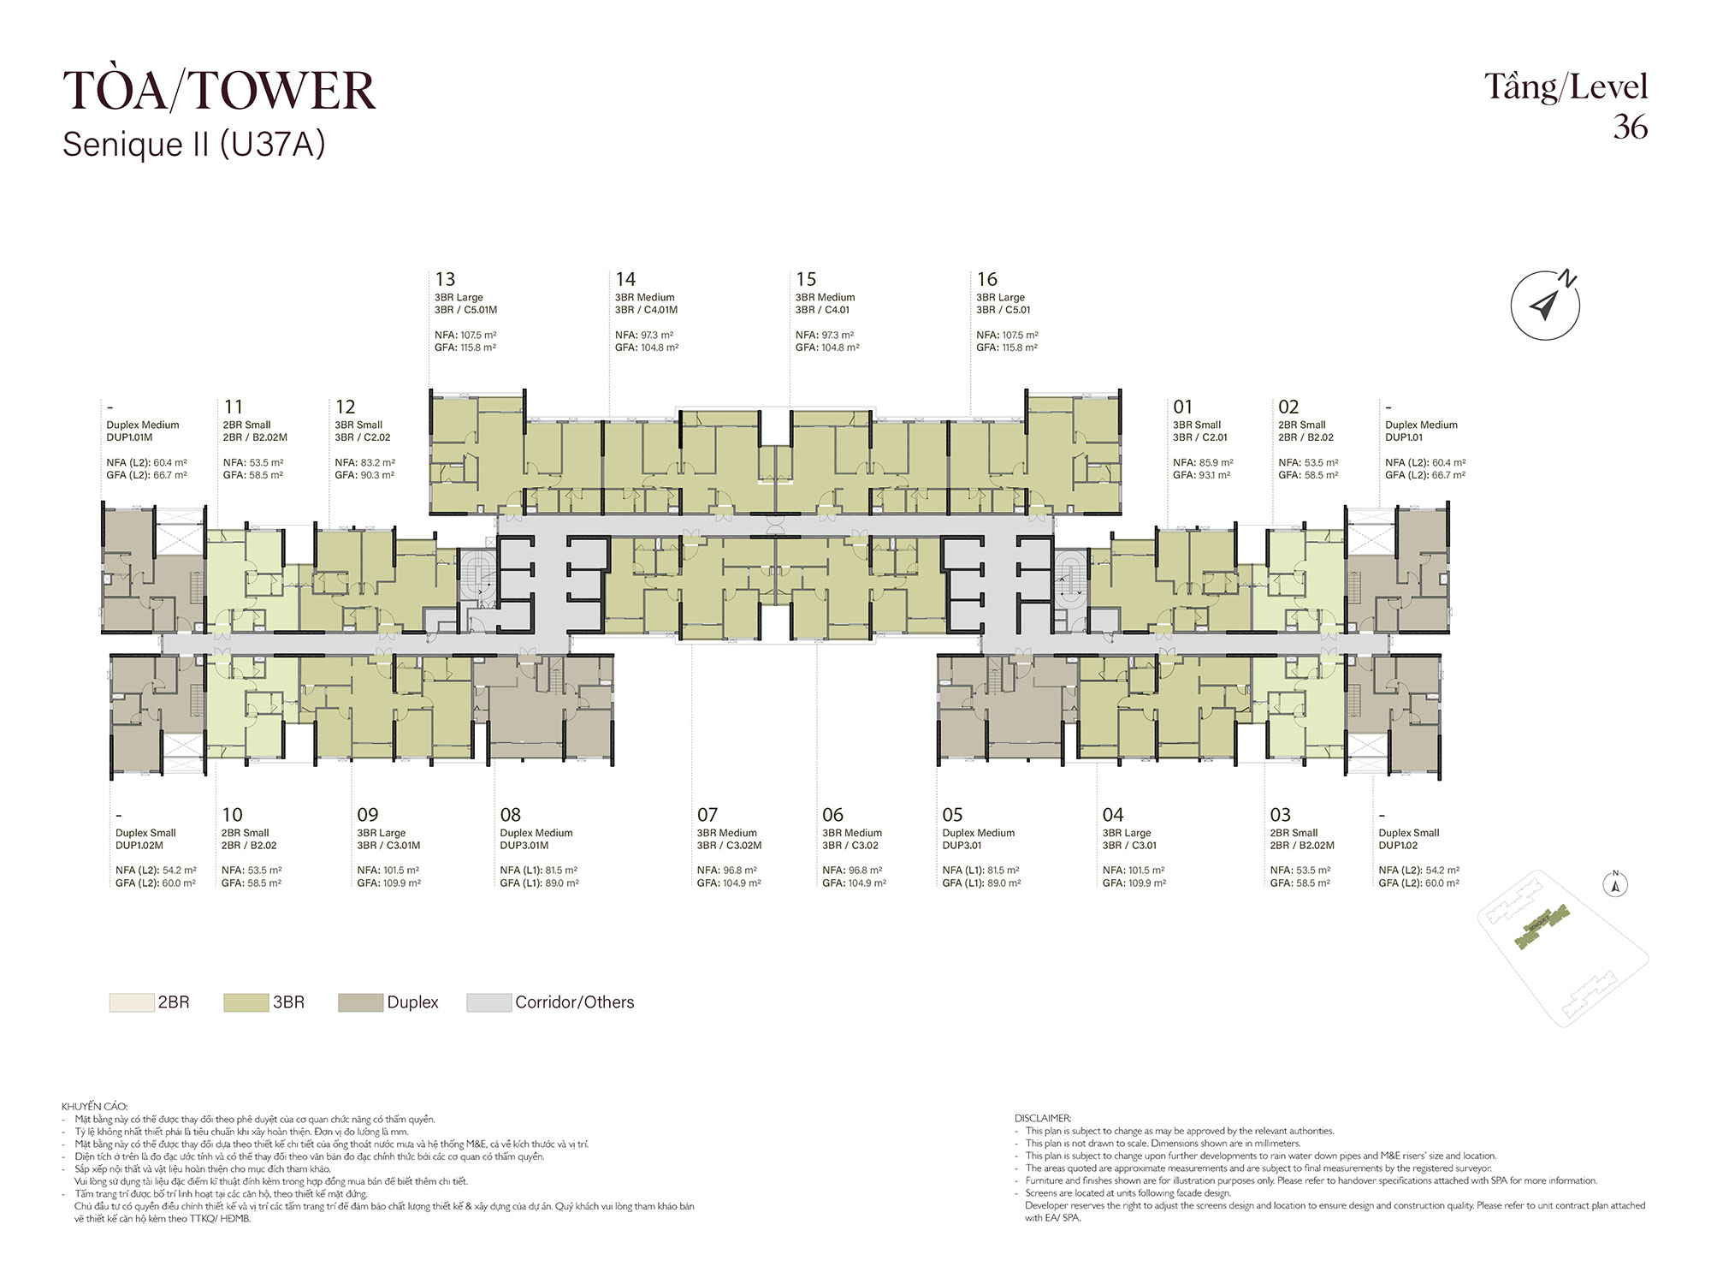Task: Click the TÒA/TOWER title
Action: pyautogui.click(x=219, y=91)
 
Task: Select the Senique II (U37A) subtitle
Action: pyautogui.click(x=194, y=145)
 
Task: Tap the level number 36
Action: pyautogui.click(x=1631, y=128)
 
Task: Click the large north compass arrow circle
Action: pyautogui.click(x=1545, y=306)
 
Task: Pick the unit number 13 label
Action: pyautogui.click(x=445, y=279)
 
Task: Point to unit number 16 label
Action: pyautogui.click(x=987, y=279)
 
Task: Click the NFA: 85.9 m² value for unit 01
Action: pyautogui.click(x=1203, y=462)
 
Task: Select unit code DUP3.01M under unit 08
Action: pyautogui.click(x=524, y=846)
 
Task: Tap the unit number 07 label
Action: pyautogui.click(x=707, y=815)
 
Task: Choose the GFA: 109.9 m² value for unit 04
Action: pyautogui.click(x=1134, y=883)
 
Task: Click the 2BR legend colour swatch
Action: pyautogui.click(x=131, y=1002)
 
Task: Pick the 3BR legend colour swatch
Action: pyautogui.click(x=246, y=1002)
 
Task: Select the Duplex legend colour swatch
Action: pyautogui.click(x=360, y=1002)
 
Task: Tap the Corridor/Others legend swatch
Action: pyautogui.click(x=488, y=1002)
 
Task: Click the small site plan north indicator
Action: pyautogui.click(x=1616, y=884)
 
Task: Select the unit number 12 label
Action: pyautogui.click(x=346, y=407)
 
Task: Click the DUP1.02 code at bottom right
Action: pyautogui.click(x=1398, y=846)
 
